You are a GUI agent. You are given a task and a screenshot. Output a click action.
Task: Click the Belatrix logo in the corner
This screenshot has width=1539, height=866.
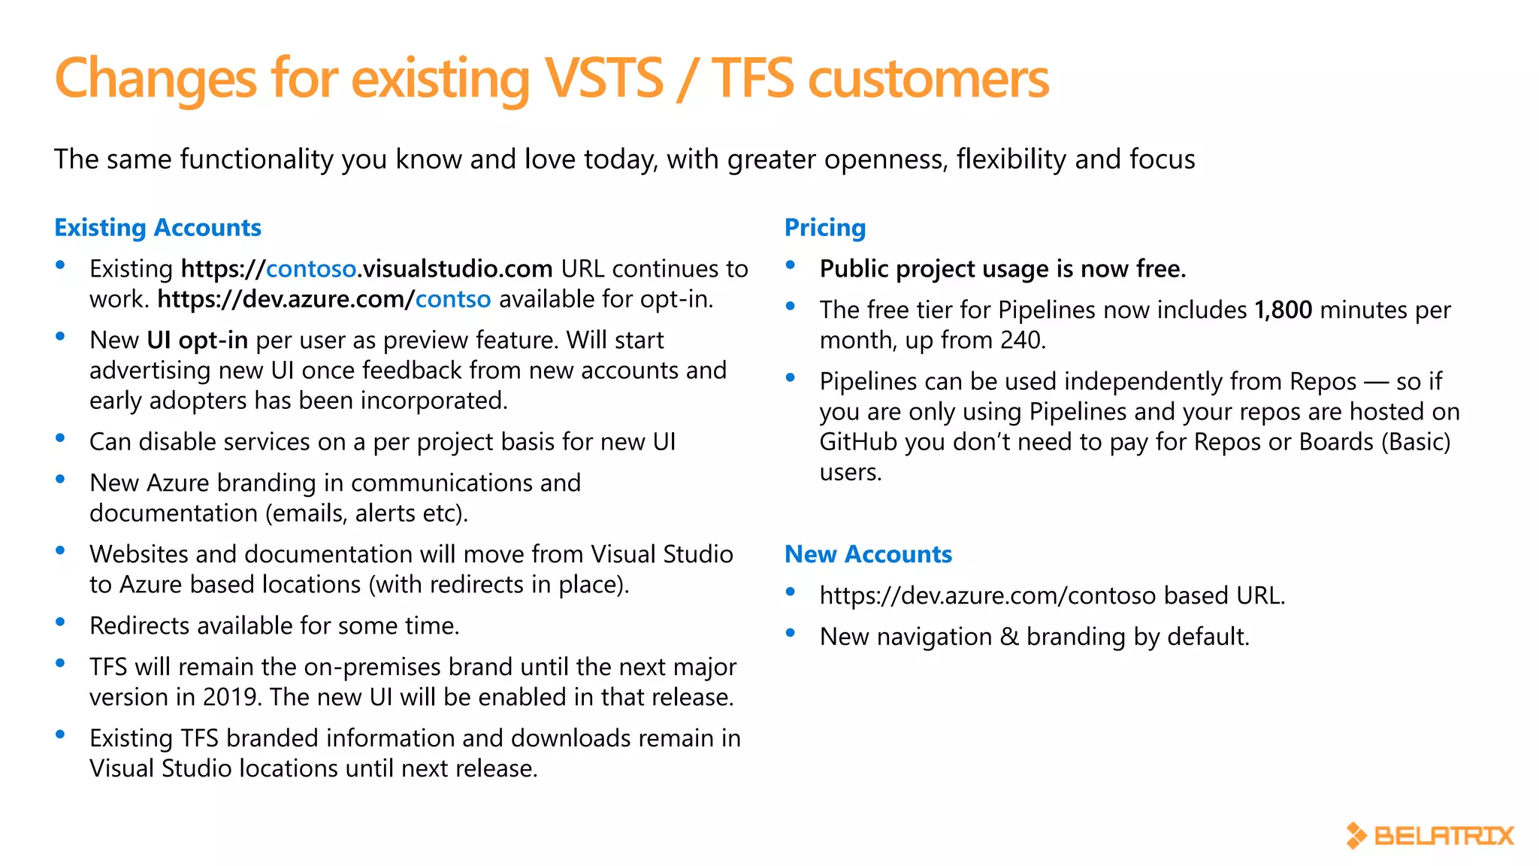1429,835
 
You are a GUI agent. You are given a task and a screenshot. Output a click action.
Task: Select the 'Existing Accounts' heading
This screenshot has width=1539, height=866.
158,228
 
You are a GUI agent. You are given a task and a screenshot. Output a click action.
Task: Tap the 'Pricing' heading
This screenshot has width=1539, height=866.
825,228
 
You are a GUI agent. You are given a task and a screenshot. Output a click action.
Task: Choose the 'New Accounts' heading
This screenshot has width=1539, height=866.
868,555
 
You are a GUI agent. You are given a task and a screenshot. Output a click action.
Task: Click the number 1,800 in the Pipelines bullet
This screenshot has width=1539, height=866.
1284,310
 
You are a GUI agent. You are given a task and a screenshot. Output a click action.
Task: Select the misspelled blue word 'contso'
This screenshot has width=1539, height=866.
453,299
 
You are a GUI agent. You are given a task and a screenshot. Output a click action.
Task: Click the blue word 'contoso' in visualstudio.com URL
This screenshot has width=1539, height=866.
311,269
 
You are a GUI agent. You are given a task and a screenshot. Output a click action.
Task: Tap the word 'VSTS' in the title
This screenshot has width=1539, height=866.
604,78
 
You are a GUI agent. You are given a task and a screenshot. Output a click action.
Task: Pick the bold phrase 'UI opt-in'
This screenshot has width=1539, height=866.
198,341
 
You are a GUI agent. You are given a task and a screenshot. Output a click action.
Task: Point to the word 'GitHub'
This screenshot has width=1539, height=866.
858,442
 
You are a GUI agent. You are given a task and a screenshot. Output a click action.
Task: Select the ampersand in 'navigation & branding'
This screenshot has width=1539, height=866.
1009,637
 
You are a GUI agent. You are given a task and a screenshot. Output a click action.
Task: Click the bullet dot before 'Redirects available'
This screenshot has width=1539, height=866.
61,622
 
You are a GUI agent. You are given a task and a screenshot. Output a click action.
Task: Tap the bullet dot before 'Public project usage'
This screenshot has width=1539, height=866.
791,265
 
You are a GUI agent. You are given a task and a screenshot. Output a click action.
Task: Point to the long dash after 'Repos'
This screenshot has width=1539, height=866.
1376,382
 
